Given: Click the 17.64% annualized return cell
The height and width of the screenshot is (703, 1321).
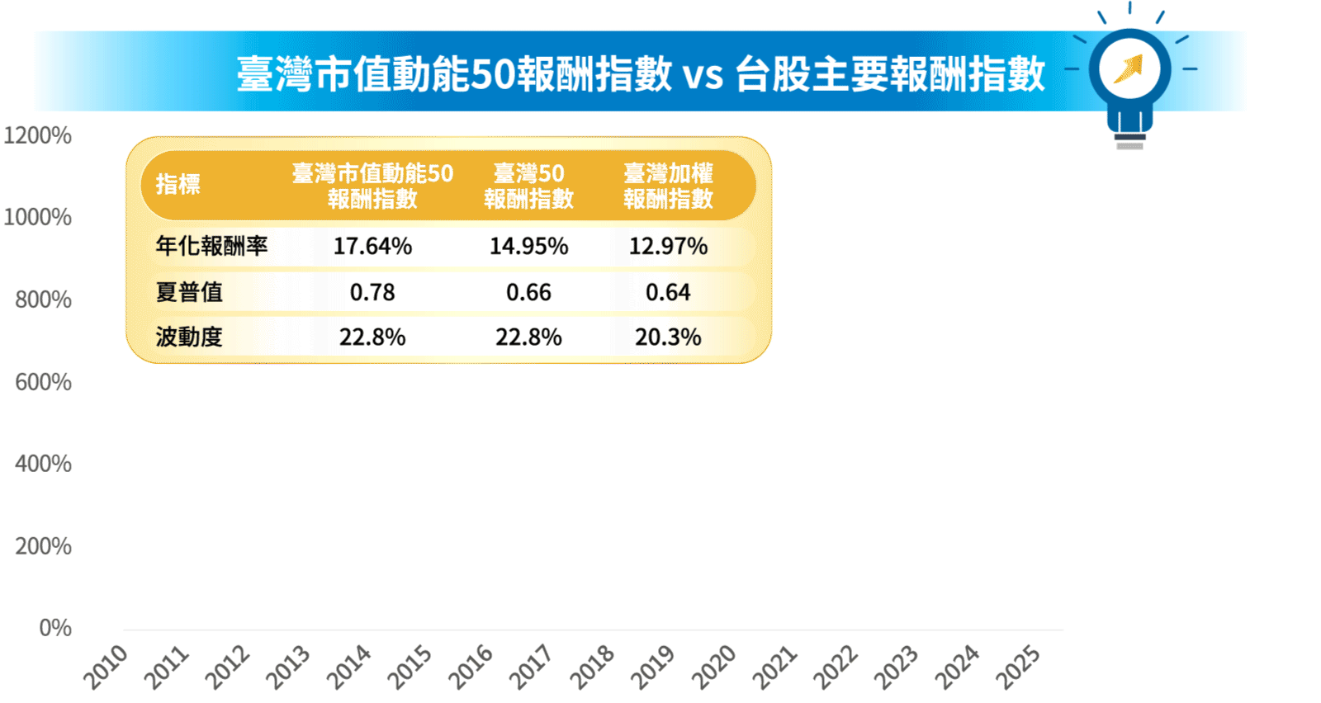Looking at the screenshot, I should click(x=372, y=246).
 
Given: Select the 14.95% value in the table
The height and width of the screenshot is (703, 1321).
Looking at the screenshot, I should click(x=528, y=246).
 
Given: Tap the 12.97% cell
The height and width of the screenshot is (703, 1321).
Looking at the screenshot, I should click(x=668, y=246).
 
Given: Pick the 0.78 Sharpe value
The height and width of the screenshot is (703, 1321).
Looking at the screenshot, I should click(x=372, y=292).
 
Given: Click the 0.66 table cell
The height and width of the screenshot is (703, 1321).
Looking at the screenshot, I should click(x=528, y=292).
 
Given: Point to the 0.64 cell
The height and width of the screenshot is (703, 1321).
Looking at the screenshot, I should click(x=668, y=292).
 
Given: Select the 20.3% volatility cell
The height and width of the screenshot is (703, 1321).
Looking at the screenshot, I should click(x=668, y=337).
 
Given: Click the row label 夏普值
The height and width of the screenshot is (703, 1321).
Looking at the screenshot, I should click(x=189, y=292).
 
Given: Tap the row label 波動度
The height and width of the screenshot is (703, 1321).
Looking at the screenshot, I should click(x=189, y=337).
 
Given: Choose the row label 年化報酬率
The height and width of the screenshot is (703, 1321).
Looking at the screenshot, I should click(x=211, y=246).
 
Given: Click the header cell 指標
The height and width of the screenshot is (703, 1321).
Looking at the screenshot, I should click(x=178, y=184).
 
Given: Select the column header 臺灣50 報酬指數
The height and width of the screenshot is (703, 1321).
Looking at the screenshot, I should click(x=528, y=186).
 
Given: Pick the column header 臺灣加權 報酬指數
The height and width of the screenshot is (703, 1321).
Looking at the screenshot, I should click(x=668, y=186).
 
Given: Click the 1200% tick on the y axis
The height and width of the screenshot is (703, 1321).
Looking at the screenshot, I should click(x=38, y=135).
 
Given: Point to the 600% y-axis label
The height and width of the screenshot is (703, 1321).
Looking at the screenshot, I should click(x=43, y=382).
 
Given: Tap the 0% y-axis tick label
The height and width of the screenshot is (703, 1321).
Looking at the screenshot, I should click(x=55, y=628).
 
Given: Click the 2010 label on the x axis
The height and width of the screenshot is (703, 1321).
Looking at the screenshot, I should click(x=106, y=666).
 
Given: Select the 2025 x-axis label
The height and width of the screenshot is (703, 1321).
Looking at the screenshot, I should click(x=1017, y=666).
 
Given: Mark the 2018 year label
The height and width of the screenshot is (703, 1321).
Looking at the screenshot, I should click(x=592, y=666).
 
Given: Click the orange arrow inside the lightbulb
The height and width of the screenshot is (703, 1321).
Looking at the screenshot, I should click(x=1129, y=68).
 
